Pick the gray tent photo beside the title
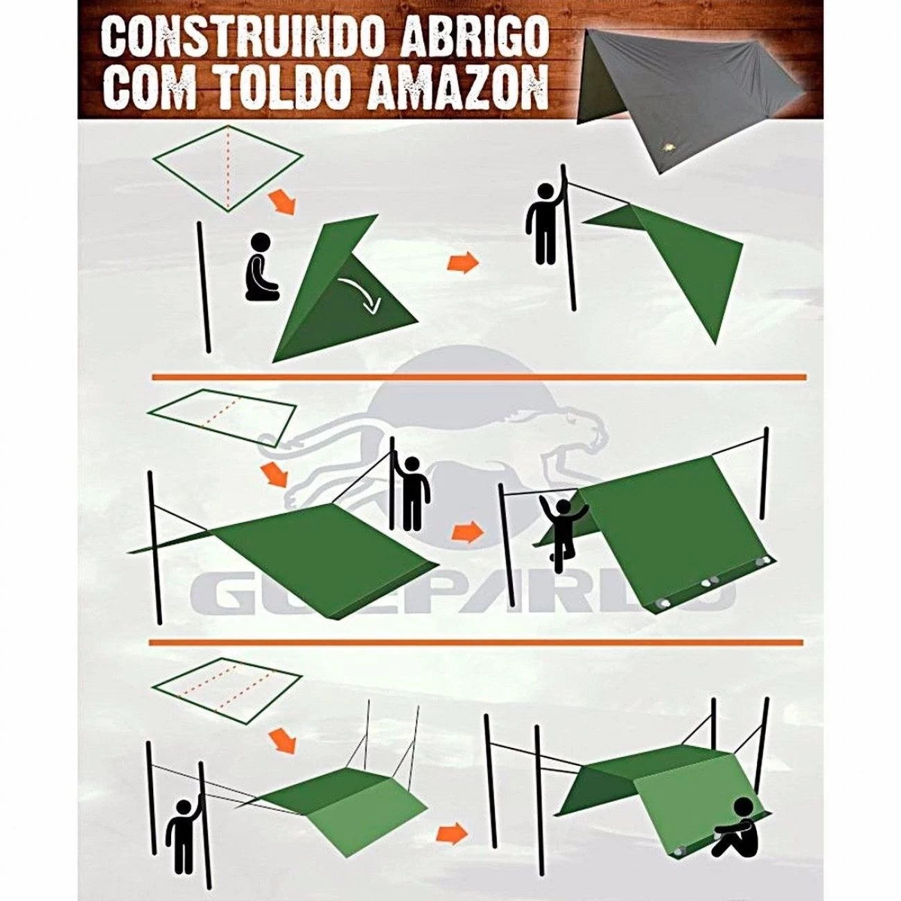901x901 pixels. coord(690,94)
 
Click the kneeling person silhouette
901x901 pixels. coord(262,267)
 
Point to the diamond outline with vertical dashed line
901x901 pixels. coord(229,168)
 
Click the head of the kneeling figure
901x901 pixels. coord(261,243)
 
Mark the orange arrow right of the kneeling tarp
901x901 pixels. coord(463,262)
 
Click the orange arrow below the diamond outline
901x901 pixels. coord(282,203)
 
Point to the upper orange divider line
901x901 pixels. coord(478,377)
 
